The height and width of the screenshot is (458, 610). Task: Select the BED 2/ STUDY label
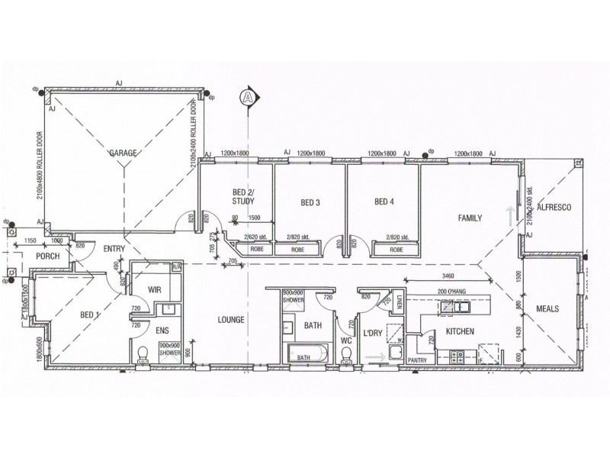coord(242,196)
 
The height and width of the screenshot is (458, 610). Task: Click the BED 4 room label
coord(384,202)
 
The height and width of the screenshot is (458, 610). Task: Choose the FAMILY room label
coord(470,218)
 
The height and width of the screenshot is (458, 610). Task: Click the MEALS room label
coord(548,309)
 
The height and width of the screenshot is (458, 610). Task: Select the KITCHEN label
coord(461,331)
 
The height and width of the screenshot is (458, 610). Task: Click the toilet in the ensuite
coord(143,355)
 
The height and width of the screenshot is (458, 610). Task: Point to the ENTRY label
coord(114,248)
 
